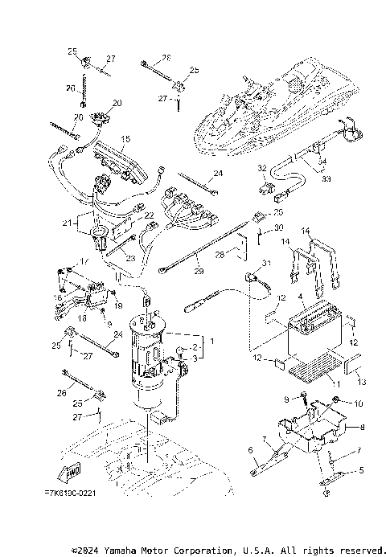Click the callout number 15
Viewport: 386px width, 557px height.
[x=125, y=139]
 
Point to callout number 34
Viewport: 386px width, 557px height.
[x=323, y=162]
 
